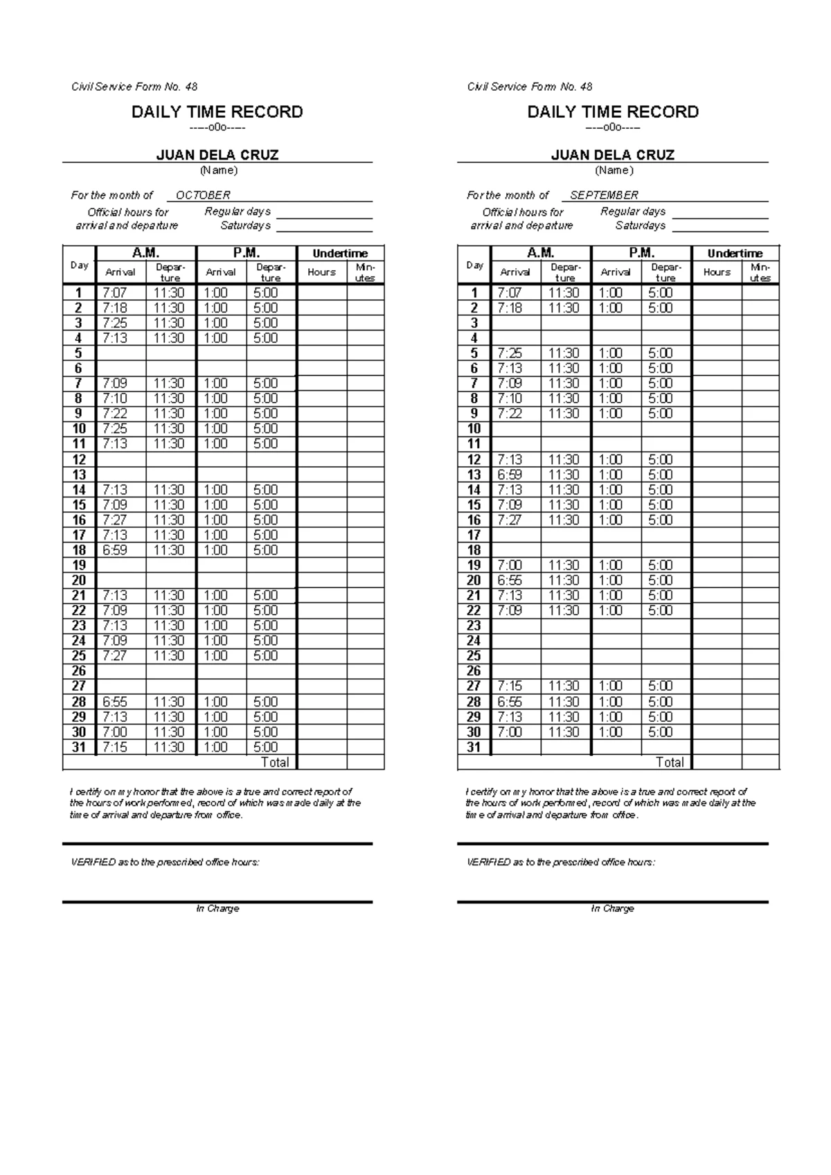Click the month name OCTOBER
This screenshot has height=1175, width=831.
click(x=203, y=195)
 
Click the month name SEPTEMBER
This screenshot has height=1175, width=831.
click(x=604, y=195)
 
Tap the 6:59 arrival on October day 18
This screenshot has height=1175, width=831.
click(x=115, y=550)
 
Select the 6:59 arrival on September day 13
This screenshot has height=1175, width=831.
click(x=510, y=475)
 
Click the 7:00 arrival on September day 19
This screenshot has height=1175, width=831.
click(x=510, y=565)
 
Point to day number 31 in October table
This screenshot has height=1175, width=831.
click(x=79, y=748)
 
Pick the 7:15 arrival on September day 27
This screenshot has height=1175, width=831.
click(x=510, y=686)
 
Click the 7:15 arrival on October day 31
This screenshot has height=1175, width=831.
click(x=115, y=748)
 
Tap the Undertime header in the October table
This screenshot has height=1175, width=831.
click(x=340, y=254)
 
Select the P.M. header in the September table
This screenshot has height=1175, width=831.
click(x=641, y=253)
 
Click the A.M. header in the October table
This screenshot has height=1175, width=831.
click(x=146, y=253)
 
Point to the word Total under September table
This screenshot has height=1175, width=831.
click(x=670, y=762)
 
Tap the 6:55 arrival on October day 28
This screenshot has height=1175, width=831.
click(x=115, y=702)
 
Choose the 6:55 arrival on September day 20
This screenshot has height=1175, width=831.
click(x=510, y=581)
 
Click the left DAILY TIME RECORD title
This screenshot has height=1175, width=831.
click(x=217, y=112)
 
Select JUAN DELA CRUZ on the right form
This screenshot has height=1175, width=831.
click(x=612, y=155)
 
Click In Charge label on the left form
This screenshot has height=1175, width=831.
click(x=217, y=908)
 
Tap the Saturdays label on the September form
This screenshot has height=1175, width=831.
click(x=641, y=226)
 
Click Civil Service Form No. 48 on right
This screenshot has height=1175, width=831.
click(x=530, y=87)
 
